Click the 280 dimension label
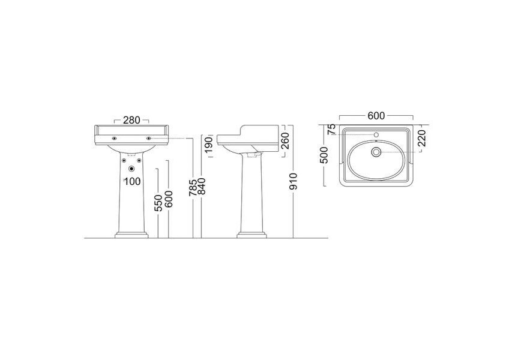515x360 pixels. (131, 120)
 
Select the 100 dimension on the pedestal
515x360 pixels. (133, 181)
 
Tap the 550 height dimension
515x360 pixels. (158, 203)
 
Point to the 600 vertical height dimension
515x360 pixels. (169, 199)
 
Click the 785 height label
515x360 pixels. (193, 187)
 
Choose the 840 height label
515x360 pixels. (201, 186)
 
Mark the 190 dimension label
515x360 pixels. (209, 145)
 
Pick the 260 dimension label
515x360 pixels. (286, 140)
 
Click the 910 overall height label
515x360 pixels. (294, 181)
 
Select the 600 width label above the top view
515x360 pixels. (376, 116)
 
